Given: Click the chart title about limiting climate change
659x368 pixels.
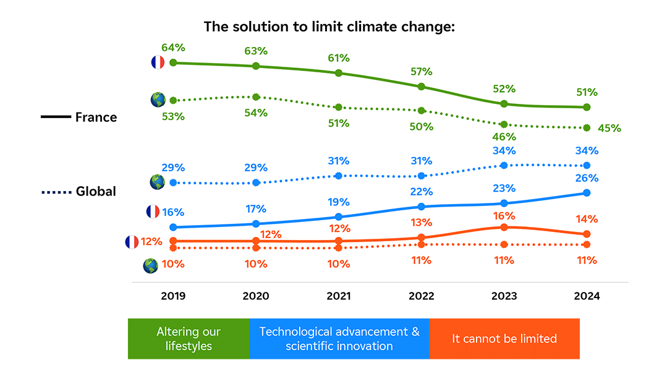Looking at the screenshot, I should coord(329,27).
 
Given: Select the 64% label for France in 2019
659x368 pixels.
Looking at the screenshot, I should coord(174,48).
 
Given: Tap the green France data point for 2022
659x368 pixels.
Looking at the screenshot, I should coord(422,87).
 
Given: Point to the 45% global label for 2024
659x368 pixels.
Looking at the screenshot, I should coord(610,129).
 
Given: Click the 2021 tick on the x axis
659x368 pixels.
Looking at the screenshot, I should coord(338,296).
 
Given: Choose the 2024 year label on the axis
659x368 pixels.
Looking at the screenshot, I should coord(587,296).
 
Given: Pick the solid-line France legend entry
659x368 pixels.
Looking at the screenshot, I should coord(79,117).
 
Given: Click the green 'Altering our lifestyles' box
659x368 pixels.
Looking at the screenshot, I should coord(189,339).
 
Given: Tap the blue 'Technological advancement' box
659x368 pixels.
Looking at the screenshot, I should coord(339,339).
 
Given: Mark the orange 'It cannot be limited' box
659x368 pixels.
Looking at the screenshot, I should coord(504,339).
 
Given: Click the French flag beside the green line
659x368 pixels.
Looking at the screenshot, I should coord(157,62).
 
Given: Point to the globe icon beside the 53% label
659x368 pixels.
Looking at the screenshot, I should coord(158,100).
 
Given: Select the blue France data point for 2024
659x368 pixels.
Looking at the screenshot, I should coord(587,193).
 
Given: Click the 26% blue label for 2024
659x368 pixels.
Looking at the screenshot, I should coord(587,178).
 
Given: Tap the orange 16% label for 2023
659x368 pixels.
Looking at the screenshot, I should coord(504,216).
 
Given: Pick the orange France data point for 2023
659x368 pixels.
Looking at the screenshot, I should coord(504,228).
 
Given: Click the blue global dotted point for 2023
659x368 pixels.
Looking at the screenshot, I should coord(504,166).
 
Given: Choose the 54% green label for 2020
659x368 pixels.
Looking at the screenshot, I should coord(256,113).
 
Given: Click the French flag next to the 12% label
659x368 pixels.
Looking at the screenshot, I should coord(132,242).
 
